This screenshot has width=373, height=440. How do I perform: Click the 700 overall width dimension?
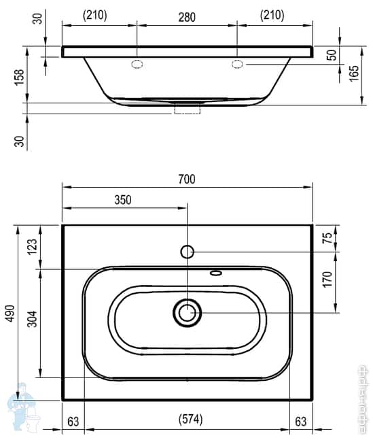click(x=187, y=179)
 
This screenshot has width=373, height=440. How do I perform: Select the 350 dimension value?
click(x=123, y=199)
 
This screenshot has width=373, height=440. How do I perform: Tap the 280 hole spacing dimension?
click(x=187, y=16)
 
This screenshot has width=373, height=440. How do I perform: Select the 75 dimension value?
click(x=327, y=238)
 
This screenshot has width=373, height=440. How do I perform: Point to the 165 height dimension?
click(x=354, y=73)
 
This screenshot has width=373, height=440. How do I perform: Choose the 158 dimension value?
click(x=19, y=79)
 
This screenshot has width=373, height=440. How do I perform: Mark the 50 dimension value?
click(x=331, y=55)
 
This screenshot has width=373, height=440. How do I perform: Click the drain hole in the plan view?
click(x=187, y=312)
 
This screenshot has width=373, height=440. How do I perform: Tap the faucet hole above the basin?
click(x=188, y=252)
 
